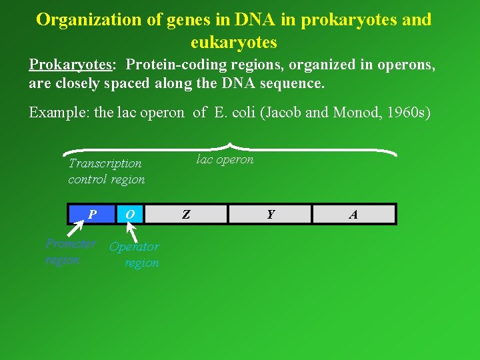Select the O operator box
(x=131, y=214)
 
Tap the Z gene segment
(x=187, y=214)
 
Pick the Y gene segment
(x=270, y=214)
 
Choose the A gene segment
(x=353, y=214)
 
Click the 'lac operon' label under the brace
(x=225, y=159)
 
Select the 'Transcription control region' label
(x=106, y=171)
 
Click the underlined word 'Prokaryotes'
(x=71, y=65)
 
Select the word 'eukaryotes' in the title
(x=233, y=42)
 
